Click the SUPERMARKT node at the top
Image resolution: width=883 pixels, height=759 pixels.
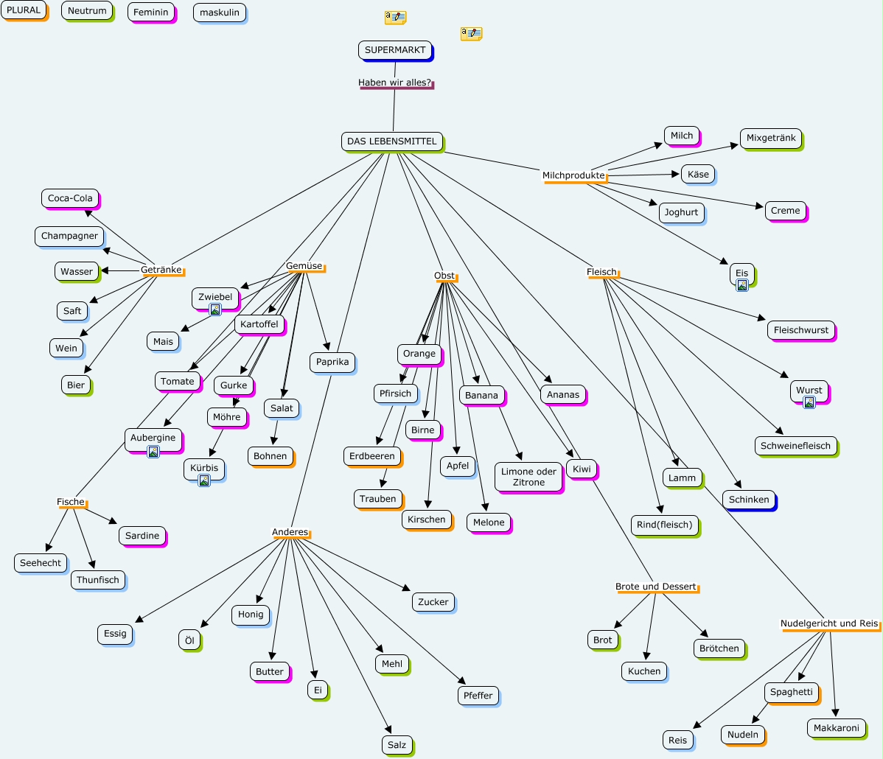[x=395, y=50]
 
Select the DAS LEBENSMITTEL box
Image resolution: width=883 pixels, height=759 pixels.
[x=392, y=141]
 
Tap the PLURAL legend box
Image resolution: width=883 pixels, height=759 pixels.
[x=24, y=10]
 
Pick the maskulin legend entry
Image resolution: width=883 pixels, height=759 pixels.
[x=219, y=13]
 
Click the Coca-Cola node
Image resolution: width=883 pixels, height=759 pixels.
[x=70, y=198]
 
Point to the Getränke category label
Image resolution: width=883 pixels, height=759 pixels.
[x=161, y=270]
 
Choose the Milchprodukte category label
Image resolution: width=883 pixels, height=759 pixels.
[x=573, y=175]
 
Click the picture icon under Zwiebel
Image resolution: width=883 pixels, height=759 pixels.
[x=215, y=309]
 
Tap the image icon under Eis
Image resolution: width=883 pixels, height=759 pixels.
[x=742, y=285]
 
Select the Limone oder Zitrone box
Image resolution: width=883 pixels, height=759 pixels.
[x=528, y=477]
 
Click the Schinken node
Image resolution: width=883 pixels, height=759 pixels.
[x=748, y=500]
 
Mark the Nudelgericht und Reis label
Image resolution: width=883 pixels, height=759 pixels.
[x=829, y=623]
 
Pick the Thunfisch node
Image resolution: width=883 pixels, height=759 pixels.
[x=98, y=580]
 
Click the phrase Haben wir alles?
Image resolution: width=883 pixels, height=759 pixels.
[x=395, y=83]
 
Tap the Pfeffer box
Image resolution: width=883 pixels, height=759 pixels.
[x=478, y=696]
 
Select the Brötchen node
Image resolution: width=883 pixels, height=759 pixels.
[x=719, y=648]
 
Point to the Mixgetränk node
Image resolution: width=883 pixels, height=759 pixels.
[x=771, y=138]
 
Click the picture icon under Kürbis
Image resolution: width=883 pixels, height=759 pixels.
[x=204, y=480]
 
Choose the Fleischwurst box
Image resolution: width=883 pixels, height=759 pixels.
[x=800, y=330]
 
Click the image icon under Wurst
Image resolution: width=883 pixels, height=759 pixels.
[x=809, y=402]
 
